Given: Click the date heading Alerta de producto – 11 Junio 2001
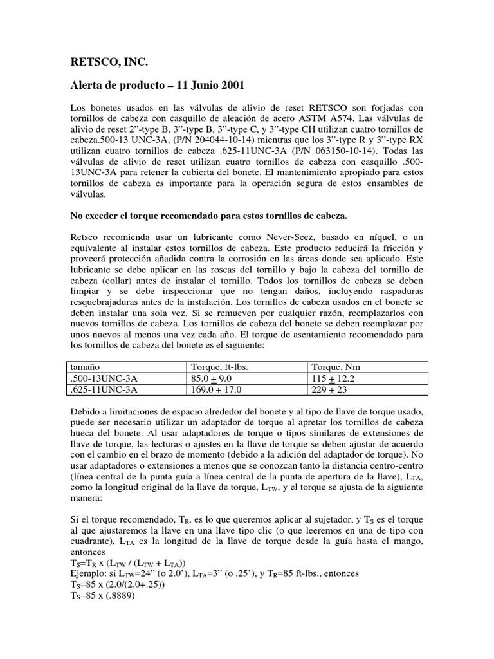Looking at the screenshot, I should coord(149,86).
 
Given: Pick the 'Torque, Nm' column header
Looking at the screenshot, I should coord(337,367).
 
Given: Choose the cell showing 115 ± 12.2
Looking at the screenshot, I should coord(335,378).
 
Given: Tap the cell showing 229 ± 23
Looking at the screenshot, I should coord(330,389).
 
